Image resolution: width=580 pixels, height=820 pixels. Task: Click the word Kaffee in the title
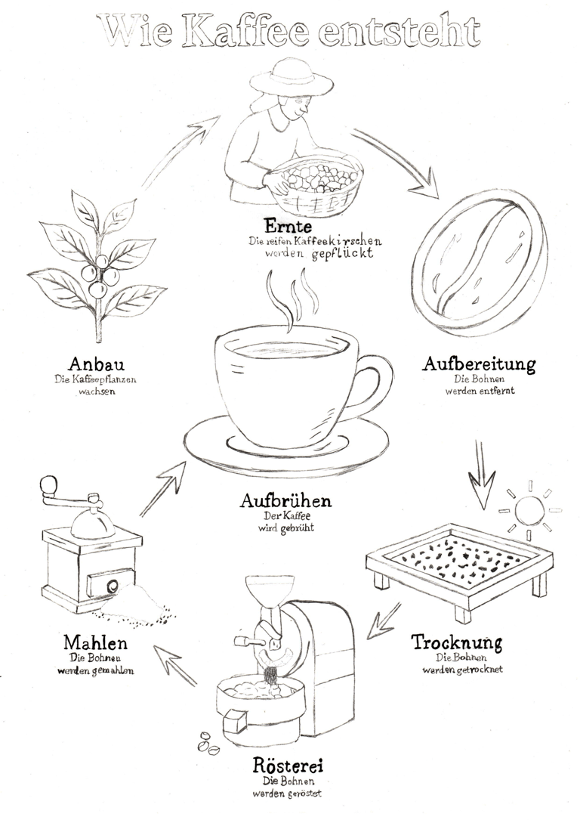tap(246, 32)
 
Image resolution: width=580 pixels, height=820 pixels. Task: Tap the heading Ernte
tap(288, 226)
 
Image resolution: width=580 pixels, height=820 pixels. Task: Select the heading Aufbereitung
tap(479, 364)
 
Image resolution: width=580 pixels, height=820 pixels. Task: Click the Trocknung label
tap(456, 642)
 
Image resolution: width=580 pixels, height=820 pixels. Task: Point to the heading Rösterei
tap(288, 766)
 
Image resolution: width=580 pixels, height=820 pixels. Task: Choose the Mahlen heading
tap(96, 642)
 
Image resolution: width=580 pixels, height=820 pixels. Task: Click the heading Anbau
tap(96, 364)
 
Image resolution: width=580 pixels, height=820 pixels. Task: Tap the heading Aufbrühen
tap(285, 500)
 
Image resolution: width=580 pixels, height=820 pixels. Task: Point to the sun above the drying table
tap(529, 510)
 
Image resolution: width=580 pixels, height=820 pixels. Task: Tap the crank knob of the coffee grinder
tap(48, 484)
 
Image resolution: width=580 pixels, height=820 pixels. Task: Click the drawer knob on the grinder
tap(113, 586)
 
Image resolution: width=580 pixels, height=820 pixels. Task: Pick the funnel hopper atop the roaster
tap(264, 592)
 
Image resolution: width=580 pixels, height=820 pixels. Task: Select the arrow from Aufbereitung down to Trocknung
tap(481, 475)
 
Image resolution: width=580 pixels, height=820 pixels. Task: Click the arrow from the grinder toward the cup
tap(163, 488)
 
